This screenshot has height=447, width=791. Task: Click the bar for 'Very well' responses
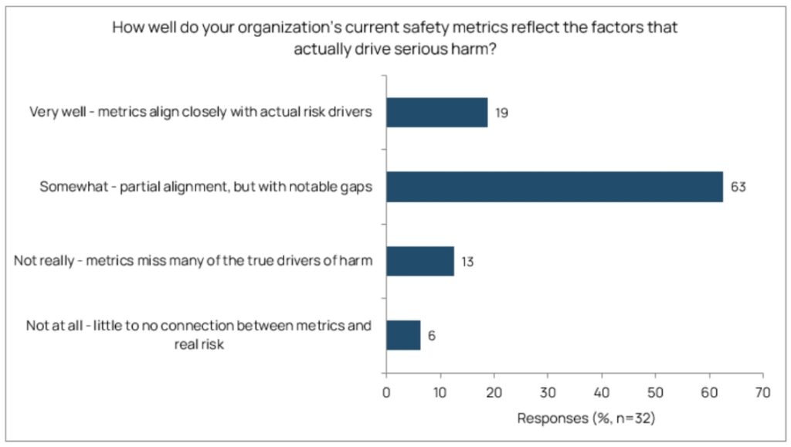tap(436, 112)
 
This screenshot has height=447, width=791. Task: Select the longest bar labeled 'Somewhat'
tap(554, 187)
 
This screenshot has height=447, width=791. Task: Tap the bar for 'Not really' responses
tap(419, 261)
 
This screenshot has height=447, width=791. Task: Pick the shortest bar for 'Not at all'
tap(402, 335)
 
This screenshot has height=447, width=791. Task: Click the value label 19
tap(501, 113)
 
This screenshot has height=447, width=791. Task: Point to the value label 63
tap(738, 187)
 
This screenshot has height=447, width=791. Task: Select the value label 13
tap(467, 262)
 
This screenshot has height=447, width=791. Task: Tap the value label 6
tap(432, 336)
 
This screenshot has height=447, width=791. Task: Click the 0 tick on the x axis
tap(386, 391)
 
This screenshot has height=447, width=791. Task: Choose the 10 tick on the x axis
tap(440, 391)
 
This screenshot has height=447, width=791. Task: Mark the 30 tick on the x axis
tap(548, 391)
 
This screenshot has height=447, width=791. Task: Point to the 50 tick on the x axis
tap(655, 391)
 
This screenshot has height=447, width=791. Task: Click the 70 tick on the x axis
tap(762, 391)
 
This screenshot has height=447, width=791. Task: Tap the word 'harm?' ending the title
tap(476, 47)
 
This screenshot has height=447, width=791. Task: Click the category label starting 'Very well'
tap(201, 112)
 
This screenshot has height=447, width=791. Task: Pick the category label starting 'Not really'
tap(194, 262)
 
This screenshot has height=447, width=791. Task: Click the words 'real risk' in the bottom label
tap(199, 345)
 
